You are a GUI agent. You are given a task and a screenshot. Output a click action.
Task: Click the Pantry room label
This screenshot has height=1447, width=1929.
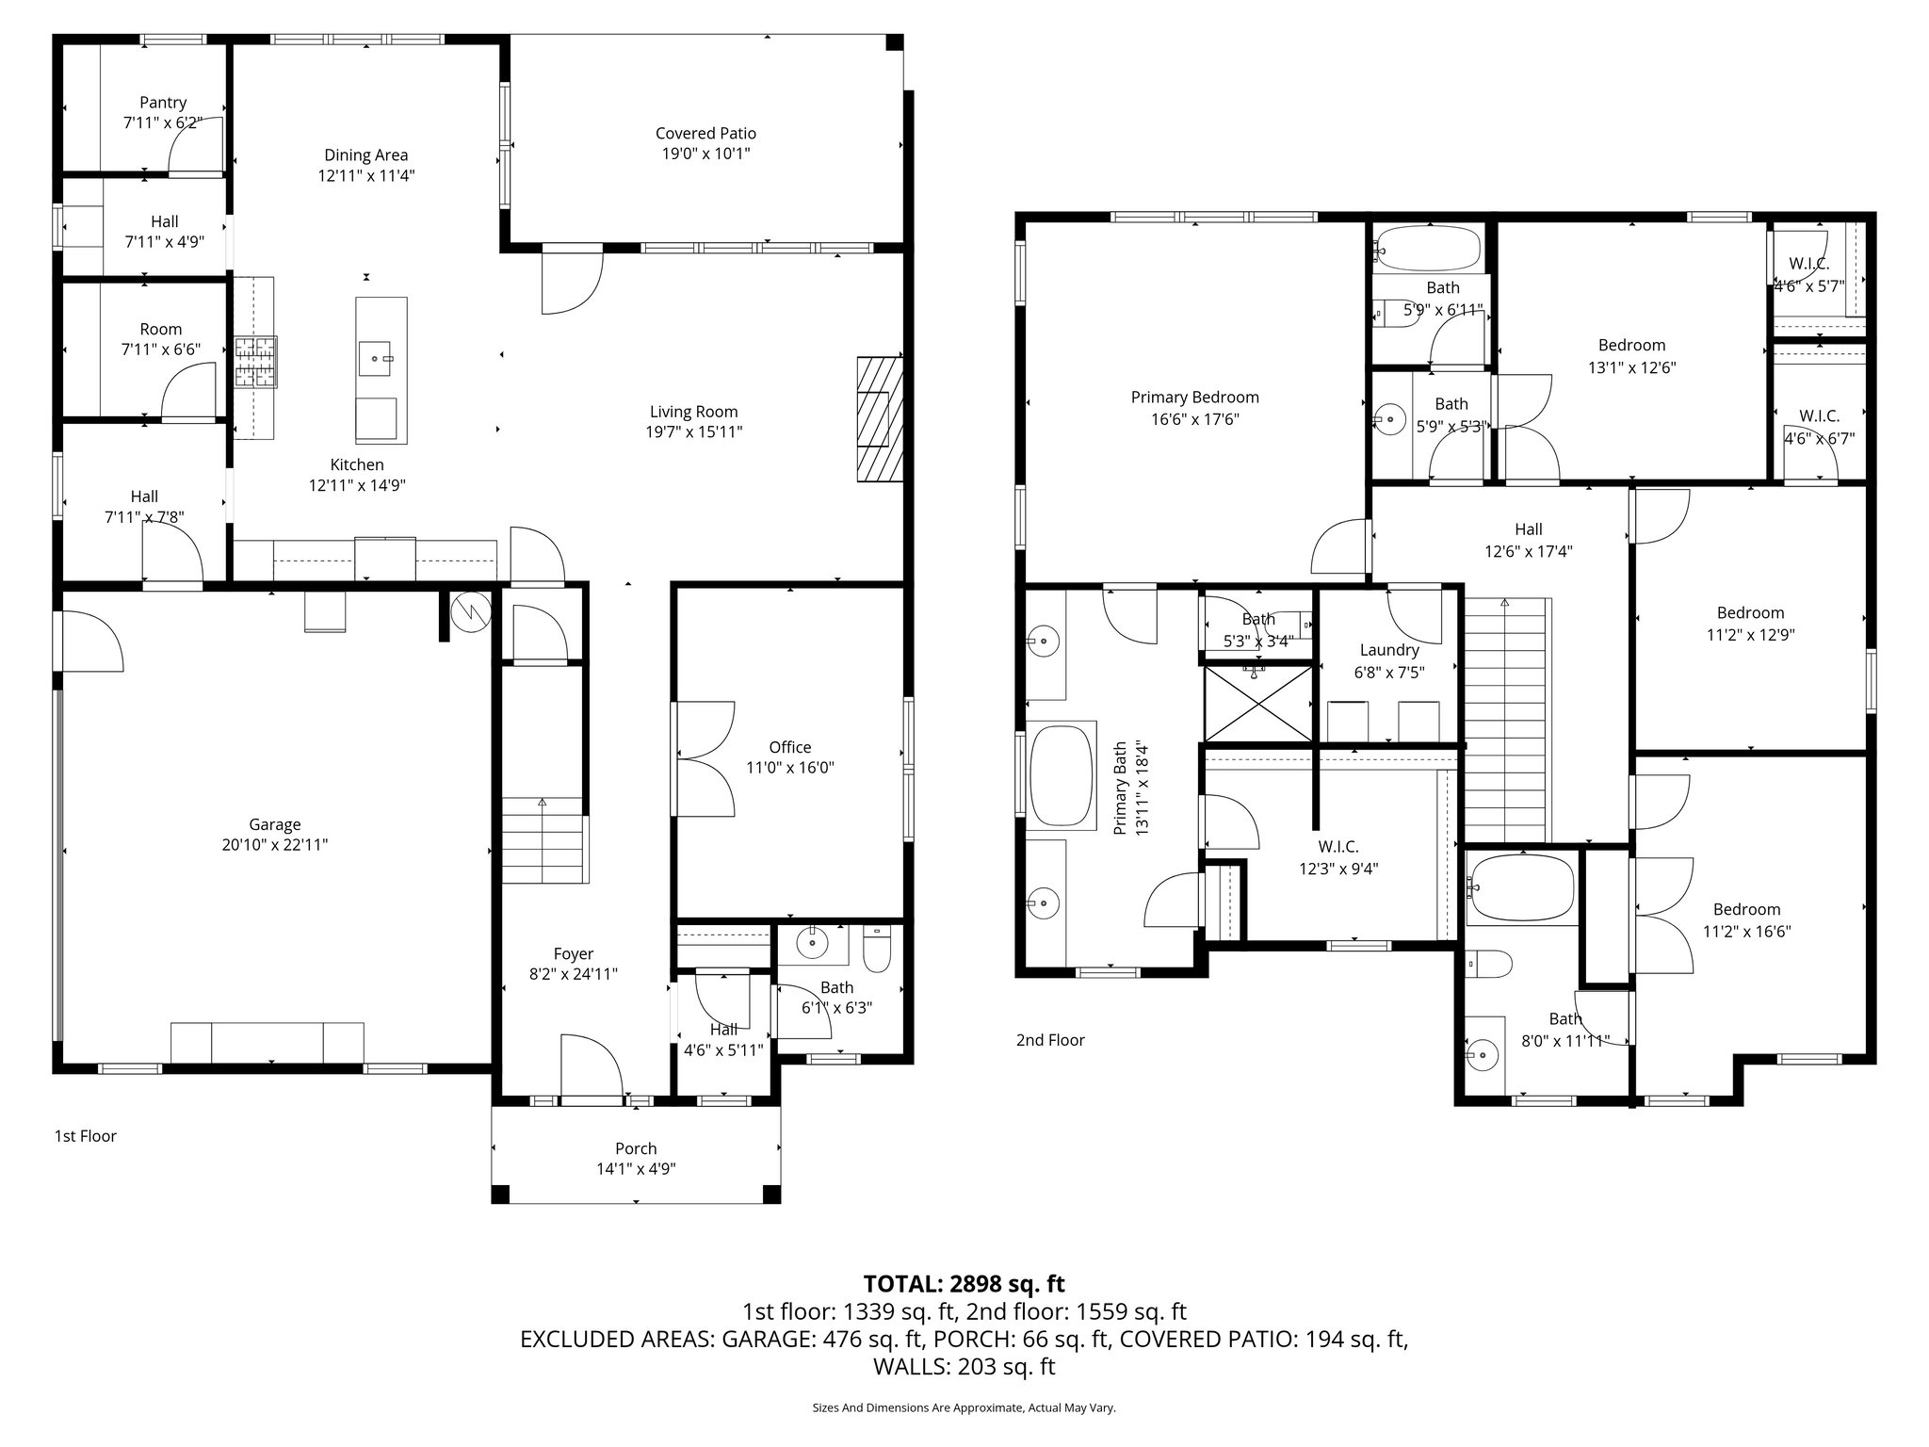(x=163, y=103)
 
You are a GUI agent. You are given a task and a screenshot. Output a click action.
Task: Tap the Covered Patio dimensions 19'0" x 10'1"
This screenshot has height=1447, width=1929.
(x=705, y=154)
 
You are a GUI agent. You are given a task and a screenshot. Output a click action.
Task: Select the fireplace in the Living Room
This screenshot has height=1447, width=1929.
(x=878, y=419)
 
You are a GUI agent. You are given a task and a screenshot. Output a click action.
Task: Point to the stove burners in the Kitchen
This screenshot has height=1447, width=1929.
(x=256, y=363)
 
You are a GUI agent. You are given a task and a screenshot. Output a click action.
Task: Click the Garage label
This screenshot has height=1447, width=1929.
(x=274, y=824)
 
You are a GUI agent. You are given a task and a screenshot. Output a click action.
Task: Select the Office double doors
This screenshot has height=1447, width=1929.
(x=704, y=757)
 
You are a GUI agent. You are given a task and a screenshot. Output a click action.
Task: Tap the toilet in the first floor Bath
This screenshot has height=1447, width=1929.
(x=877, y=951)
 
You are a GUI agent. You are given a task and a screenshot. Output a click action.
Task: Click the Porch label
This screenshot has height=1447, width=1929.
(x=636, y=1148)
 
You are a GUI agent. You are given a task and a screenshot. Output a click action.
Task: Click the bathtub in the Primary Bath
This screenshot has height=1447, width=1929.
(x=1061, y=776)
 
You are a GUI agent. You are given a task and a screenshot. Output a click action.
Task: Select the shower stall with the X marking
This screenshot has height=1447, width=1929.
(x=1258, y=704)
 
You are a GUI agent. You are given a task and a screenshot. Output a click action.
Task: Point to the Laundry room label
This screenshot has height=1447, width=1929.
(x=1389, y=650)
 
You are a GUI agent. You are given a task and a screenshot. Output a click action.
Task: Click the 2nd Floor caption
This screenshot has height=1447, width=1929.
(x=1050, y=1040)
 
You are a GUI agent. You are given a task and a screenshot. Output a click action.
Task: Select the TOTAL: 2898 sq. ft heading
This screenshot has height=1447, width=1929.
(x=964, y=1283)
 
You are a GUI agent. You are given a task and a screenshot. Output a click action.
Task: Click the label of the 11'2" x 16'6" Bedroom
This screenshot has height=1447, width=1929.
(x=1746, y=909)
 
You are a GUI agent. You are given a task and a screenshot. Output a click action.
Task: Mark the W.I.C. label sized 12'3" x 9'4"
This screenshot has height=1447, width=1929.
(x=1338, y=847)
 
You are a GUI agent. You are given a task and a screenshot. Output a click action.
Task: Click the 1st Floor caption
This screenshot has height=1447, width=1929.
(x=86, y=1136)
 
